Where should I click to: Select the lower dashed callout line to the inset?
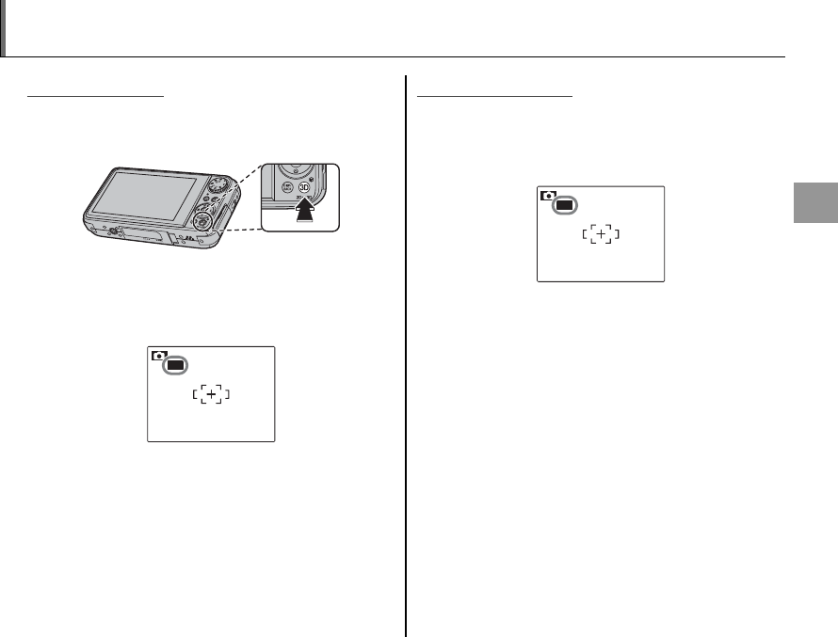tap(241, 229)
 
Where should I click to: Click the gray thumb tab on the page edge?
tap(814, 215)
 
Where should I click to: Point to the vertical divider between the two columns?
tap(406, 358)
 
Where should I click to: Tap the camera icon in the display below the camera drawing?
tap(156, 355)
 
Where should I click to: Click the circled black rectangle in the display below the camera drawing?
tap(174, 364)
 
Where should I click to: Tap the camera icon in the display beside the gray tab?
tap(546, 195)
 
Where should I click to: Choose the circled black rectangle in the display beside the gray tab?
tap(564, 204)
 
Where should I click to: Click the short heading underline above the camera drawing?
tap(96, 95)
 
